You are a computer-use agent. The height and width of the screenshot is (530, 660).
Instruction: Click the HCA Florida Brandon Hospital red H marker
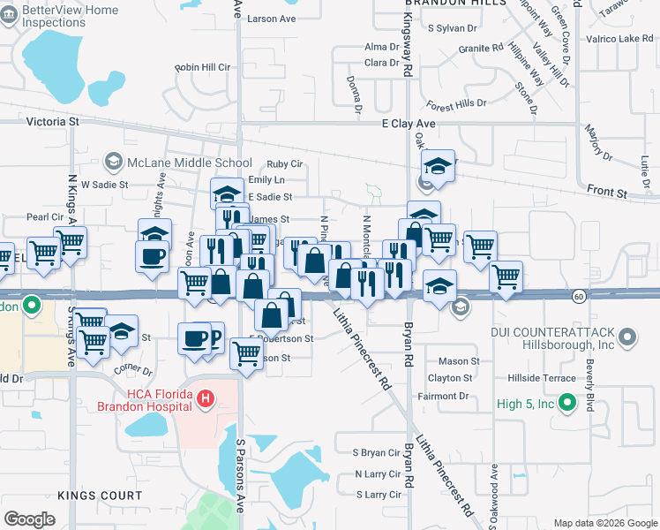click(206, 400)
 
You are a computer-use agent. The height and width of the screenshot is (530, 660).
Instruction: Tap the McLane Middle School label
click(190, 163)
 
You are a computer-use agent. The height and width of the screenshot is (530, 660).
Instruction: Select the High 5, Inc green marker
click(569, 405)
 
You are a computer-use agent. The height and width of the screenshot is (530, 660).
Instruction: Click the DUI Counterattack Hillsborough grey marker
click(627, 337)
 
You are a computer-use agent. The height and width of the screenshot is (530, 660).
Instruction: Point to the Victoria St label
click(53, 122)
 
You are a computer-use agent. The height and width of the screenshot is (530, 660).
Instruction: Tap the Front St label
click(608, 192)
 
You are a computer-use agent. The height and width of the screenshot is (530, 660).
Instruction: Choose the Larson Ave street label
click(271, 19)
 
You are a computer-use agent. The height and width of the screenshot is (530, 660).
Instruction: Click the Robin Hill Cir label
click(202, 67)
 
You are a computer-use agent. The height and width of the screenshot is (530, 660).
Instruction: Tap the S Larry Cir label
click(378, 495)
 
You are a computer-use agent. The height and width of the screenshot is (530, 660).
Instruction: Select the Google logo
click(29, 519)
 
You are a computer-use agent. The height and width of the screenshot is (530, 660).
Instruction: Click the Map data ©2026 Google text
click(605, 523)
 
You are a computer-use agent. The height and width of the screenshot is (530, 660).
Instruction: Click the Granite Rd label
click(480, 48)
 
